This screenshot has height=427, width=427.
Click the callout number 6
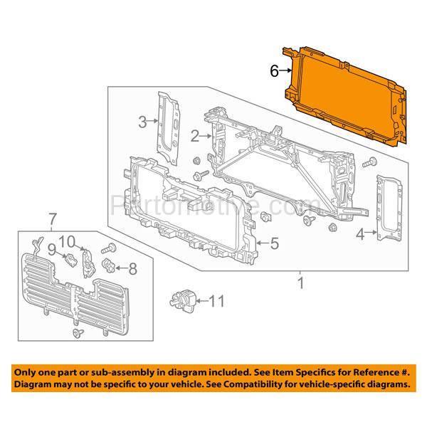(273, 70)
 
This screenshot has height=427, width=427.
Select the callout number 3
(142, 122)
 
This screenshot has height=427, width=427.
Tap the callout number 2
(194, 135)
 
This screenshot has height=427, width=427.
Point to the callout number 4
(362, 233)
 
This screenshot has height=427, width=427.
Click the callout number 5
(274, 244)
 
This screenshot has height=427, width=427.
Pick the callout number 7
(51, 217)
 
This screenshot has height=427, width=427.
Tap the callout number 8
(132, 268)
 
